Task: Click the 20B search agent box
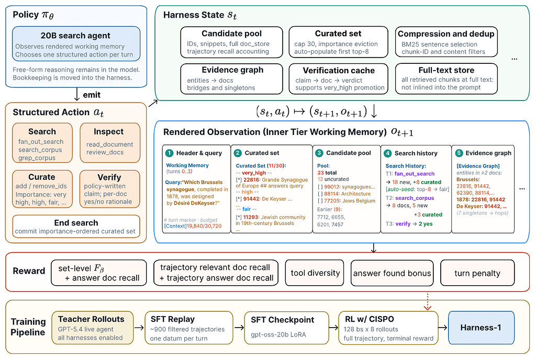pos(76,44)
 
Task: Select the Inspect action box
pos(110,143)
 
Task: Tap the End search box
pos(76,227)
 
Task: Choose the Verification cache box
pos(339,79)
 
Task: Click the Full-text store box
pos(446,78)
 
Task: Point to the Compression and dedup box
pos(446,42)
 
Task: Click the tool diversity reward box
pos(315,273)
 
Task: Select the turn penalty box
pos(477,273)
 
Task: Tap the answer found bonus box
pos(392,273)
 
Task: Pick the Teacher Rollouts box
pos(92,328)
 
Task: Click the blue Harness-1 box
pos(481,328)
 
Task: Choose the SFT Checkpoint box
pos(287,328)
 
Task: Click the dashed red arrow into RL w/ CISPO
pos(427,301)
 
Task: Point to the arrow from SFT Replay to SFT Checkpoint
pos(239,328)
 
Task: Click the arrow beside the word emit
pos(77,94)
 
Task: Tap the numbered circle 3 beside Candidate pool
pos(319,153)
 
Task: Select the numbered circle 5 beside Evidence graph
pos(459,153)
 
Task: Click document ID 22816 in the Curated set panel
pos(252,179)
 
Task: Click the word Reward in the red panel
pos(29,271)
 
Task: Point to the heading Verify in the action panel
pos(109,177)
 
